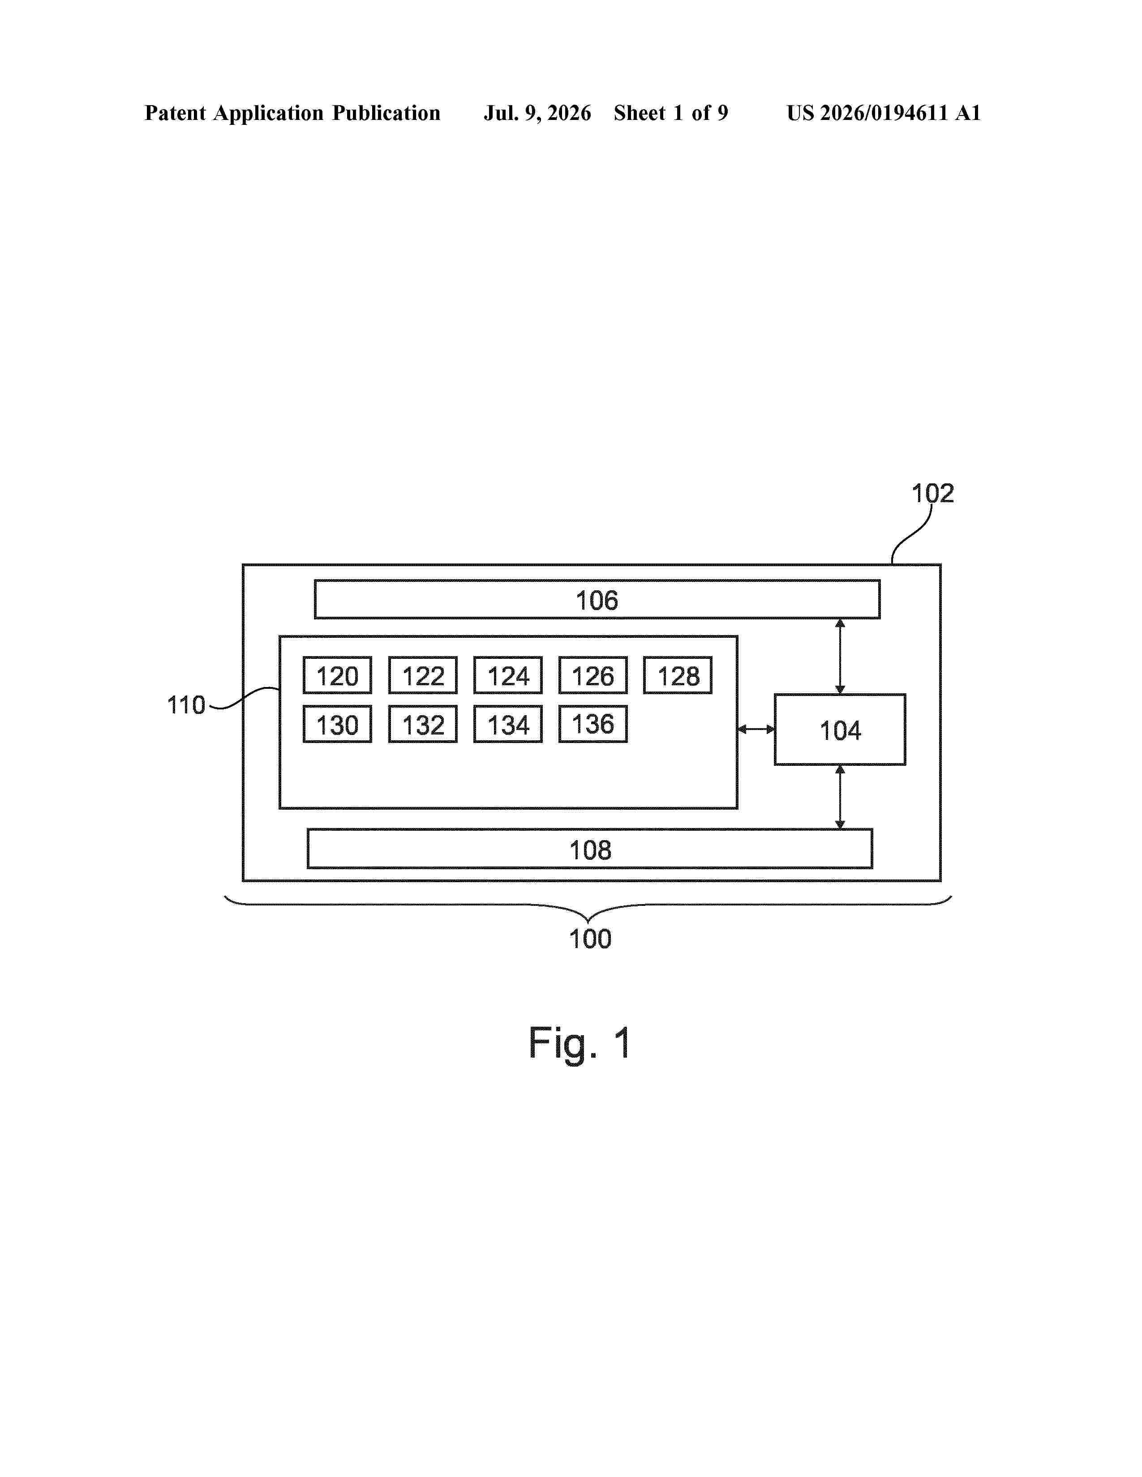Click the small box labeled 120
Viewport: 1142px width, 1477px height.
click(337, 675)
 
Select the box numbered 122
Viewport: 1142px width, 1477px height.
click(423, 675)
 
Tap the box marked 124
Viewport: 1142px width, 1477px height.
click(508, 675)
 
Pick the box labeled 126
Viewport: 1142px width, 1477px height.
click(592, 675)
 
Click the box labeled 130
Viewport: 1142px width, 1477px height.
click(337, 724)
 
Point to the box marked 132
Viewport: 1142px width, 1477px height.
click(423, 724)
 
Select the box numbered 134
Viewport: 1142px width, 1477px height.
click(508, 724)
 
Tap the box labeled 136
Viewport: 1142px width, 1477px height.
click(592, 724)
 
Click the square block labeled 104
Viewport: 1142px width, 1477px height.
click(840, 730)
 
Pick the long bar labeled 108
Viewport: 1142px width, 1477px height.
click(590, 849)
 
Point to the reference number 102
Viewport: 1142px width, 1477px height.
click(932, 494)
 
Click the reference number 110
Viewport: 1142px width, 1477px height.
click(186, 705)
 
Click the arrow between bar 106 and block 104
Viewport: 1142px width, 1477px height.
click(840, 657)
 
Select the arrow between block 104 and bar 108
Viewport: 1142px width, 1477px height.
click(840, 797)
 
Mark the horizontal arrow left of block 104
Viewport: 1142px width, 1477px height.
click(756, 729)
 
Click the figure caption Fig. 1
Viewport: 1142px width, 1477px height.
click(580, 1043)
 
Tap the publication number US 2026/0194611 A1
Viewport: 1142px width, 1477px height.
click(884, 113)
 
